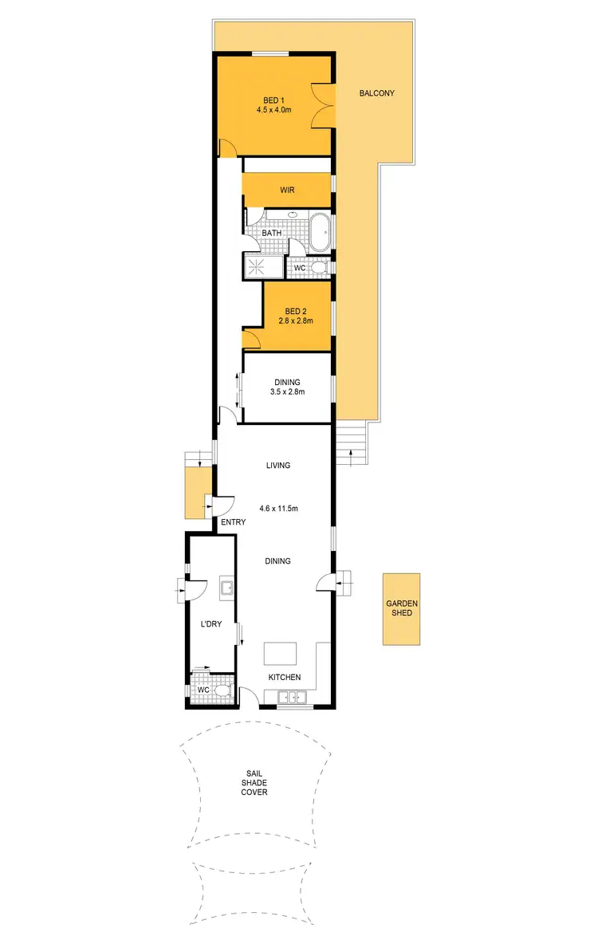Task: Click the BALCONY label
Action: [x=376, y=93]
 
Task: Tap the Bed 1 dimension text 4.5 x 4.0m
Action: [x=274, y=110]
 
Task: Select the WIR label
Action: [x=287, y=191]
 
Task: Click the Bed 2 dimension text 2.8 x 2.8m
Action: [x=295, y=320]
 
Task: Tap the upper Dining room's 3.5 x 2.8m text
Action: [x=287, y=391]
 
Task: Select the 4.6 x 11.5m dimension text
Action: [x=278, y=508]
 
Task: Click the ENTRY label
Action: [x=234, y=522]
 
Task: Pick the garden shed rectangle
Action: [x=400, y=609]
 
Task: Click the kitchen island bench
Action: [x=280, y=654]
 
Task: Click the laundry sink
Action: [x=226, y=589]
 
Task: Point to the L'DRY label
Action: [x=210, y=624]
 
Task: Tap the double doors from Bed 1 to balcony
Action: [x=325, y=104]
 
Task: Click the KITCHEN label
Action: [x=285, y=678]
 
